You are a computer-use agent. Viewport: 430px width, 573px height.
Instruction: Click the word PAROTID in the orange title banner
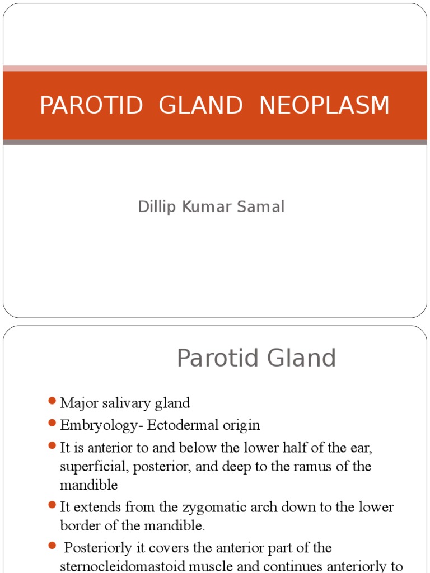[91, 106]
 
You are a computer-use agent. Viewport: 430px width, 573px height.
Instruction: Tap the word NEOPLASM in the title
[324, 106]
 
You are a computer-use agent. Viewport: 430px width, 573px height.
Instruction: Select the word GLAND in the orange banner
[201, 106]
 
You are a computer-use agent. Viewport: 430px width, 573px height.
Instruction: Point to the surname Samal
[263, 207]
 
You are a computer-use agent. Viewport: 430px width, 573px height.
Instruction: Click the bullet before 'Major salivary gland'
[53, 401]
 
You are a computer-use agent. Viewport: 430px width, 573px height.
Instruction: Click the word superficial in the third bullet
[86, 466]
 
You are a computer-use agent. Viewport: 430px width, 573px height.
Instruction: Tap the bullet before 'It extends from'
[53, 505]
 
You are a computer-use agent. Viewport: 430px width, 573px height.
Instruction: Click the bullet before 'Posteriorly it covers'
[53, 546]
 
